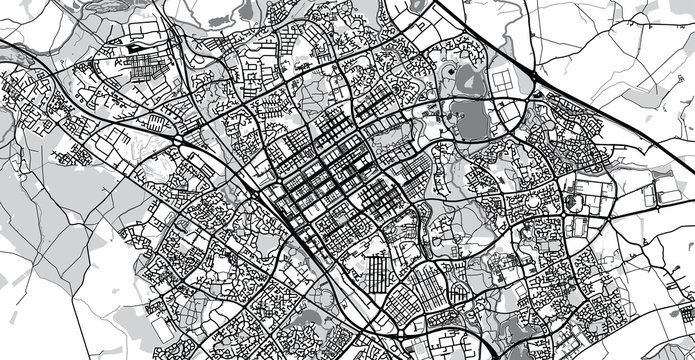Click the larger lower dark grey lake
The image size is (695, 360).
[467, 118]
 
